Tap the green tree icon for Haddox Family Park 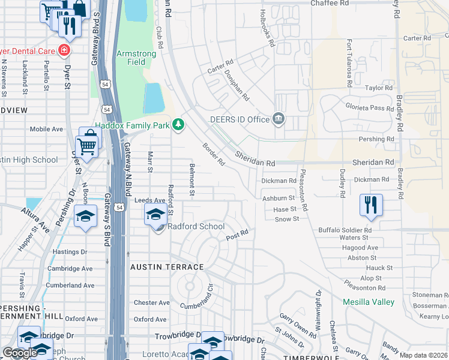pos(178,124)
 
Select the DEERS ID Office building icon pos(277,119)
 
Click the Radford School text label pos(196,226)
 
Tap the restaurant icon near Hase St pos(371,205)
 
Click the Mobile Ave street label pos(46,129)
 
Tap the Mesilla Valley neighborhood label pos(369,302)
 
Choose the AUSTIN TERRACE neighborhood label pos(167,266)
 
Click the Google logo pos(19,353)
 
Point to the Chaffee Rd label pos(330,4)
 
